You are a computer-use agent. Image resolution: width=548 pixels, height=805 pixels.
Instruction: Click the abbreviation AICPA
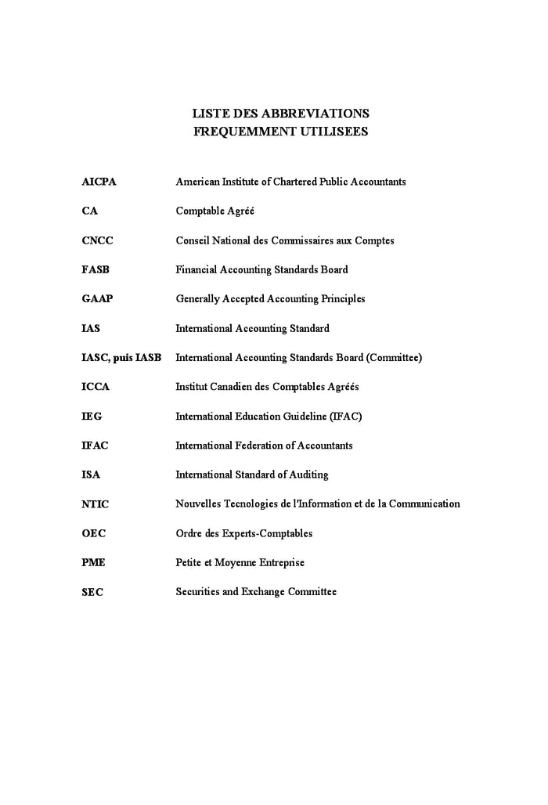tap(99, 182)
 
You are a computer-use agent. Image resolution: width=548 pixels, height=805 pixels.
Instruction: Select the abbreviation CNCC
tap(97, 240)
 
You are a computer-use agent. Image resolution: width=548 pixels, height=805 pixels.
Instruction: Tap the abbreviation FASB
tap(96, 269)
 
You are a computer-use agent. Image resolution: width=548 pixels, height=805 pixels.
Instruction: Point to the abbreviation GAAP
tap(97, 298)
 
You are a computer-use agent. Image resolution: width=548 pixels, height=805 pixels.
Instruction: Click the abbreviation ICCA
tap(96, 387)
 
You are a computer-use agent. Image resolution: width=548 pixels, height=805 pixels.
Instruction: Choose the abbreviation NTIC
tap(96, 504)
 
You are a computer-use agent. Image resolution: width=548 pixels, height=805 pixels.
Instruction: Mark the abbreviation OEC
tap(93, 533)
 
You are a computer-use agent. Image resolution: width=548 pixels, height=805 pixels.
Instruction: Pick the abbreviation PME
tap(93, 563)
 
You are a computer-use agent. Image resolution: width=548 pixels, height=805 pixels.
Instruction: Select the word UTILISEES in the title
tap(333, 132)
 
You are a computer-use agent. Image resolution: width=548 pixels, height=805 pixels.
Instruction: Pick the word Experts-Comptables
tap(267, 533)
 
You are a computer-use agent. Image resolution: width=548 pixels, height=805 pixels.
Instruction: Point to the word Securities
tap(197, 592)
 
